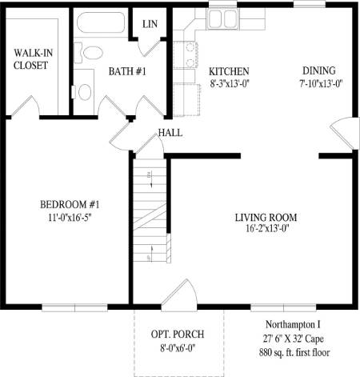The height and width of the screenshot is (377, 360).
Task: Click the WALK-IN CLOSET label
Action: click(33, 59)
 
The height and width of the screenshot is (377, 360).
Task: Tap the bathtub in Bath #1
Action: click(101, 22)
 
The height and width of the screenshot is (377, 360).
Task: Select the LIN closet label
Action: click(150, 24)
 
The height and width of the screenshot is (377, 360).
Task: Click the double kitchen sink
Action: click(222, 19)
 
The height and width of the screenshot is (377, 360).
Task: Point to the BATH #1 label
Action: click(127, 71)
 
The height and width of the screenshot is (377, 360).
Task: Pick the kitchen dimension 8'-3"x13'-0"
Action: click(230, 84)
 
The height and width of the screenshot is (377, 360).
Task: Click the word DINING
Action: click(319, 70)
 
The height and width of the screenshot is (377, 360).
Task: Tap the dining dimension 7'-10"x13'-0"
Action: click(321, 83)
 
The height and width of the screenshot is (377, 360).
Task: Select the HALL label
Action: click(170, 133)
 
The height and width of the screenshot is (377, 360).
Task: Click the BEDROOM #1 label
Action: click(70, 205)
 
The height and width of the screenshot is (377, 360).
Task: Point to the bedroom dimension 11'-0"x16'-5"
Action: click(70, 218)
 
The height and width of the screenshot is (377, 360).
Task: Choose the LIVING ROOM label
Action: click(266, 218)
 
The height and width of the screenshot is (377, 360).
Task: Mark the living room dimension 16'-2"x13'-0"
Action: click(267, 229)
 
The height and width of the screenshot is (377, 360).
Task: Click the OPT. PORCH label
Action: click(178, 334)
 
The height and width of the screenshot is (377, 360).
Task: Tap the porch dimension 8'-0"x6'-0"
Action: click(178, 347)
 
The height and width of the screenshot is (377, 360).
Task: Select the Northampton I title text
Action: click(293, 325)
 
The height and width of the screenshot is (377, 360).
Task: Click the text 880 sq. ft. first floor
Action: click(294, 352)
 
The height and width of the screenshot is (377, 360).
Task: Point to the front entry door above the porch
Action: click(179, 295)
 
